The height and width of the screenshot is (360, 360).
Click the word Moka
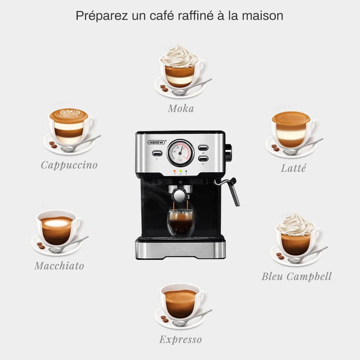(181, 108)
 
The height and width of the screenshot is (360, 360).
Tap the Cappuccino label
(69, 165)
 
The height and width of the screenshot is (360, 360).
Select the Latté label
(293, 168)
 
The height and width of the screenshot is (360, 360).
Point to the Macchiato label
(59, 266)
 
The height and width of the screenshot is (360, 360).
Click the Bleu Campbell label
(297, 277)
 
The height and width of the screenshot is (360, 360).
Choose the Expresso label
(181, 340)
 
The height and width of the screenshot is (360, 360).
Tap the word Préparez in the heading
(102, 16)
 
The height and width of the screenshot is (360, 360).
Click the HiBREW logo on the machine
(156, 142)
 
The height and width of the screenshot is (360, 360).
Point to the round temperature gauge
(181, 153)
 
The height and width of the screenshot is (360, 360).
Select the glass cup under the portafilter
(181, 223)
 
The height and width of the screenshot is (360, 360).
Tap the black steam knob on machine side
(228, 152)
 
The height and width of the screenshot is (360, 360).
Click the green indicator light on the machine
(181, 171)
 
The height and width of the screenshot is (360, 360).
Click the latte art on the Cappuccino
(69, 114)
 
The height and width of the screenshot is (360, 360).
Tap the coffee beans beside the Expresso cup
(164, 319)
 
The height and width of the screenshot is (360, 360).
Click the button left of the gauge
(157, 153)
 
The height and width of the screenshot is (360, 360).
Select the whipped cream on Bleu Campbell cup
(296, 225)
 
